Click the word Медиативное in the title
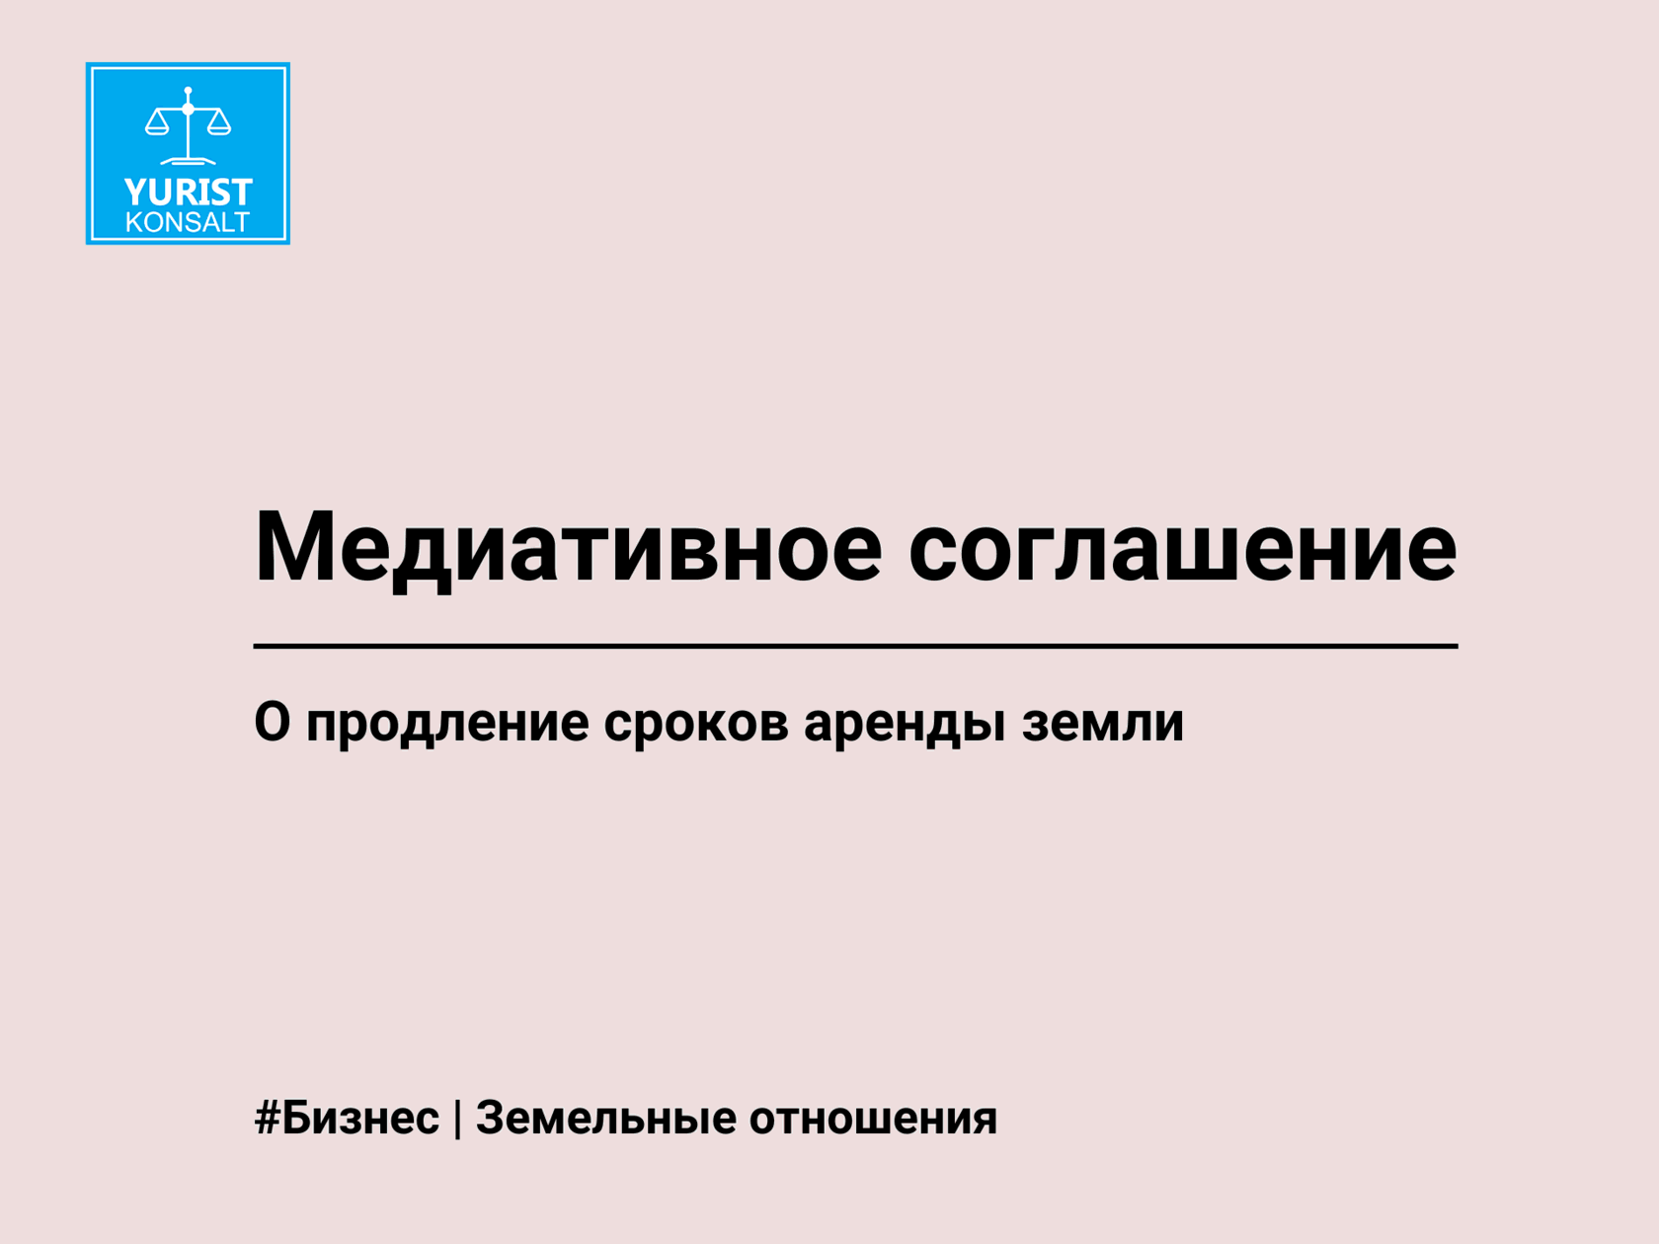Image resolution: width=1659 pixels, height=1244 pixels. [568, 548]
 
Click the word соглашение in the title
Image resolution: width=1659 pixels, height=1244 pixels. [1182, 548]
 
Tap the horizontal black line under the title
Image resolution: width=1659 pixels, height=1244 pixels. [855, 646]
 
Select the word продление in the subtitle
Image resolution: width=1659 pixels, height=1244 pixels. [447, 724]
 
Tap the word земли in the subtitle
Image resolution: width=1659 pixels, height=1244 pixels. [1103, 724]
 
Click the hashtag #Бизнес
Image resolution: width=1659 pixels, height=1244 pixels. [347, 1118]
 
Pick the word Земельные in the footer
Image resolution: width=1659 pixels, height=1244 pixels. [605, 1118]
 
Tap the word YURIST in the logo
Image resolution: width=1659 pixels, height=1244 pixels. [189, 193]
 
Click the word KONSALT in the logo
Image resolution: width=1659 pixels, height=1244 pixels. [188, 222]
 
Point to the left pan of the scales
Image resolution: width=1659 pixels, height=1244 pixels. [157, 122]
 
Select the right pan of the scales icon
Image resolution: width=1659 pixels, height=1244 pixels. [219, 122]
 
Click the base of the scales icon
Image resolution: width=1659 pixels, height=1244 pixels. [189, 161]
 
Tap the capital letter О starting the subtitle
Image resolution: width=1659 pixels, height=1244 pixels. [273, 722]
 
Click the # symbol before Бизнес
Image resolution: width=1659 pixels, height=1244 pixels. [268, 1119]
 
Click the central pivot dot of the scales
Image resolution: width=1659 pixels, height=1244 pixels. [189, 110]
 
